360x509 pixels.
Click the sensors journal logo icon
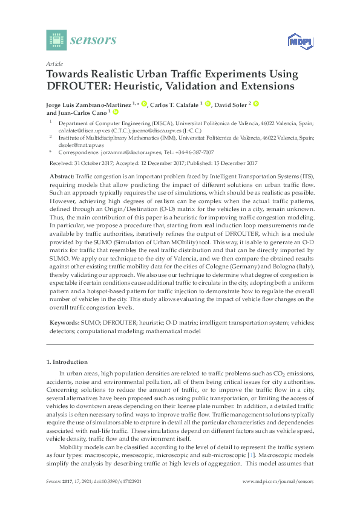56,41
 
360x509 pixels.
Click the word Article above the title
54,63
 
